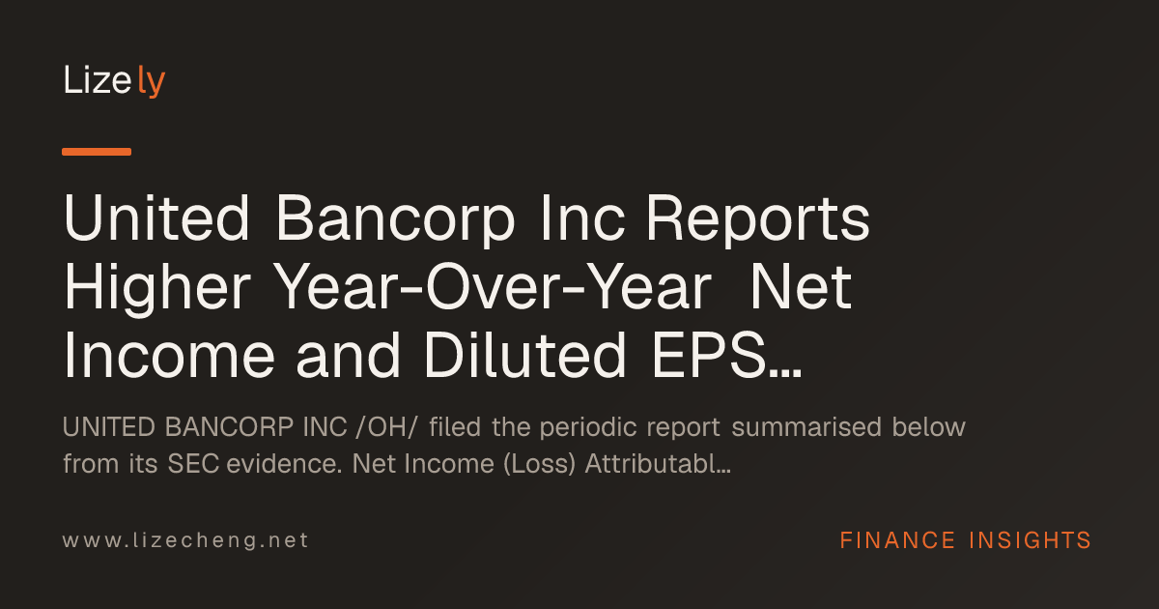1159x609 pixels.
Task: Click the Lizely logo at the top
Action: pos(114,81)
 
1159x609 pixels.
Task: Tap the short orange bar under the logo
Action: pos(97,152)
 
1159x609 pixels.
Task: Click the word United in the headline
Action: pos(156,217)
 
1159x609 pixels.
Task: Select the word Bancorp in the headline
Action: pos(395,220)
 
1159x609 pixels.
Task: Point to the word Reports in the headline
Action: pos(758,220)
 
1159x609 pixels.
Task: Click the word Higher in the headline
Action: pos(157,289)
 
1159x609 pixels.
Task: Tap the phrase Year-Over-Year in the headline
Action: pos(492,286)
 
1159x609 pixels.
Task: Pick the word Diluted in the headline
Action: pos(524,356)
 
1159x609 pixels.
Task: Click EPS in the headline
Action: pos(708,356)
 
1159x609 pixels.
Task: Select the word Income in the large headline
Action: pos(169,356)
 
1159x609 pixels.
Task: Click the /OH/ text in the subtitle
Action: pos(386,427)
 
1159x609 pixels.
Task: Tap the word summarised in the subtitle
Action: pos(806,427)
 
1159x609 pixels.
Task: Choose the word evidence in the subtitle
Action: pos(284,463)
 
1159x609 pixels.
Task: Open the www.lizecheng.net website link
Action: pos(185,540)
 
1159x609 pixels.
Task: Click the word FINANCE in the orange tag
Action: pos(897,540)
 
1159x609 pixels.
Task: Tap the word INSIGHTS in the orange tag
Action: pos(1030,540)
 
